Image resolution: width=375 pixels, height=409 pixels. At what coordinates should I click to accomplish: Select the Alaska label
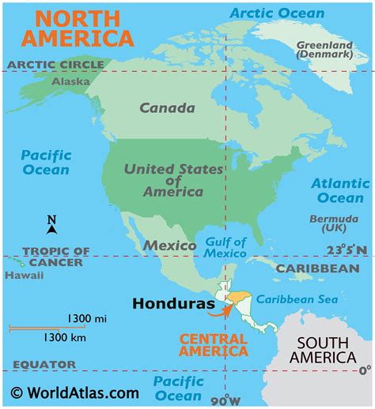coord(70,81)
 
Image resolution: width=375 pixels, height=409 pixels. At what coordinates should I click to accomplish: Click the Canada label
coord(167,108)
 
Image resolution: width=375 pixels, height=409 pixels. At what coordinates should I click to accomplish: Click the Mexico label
coord(169,246)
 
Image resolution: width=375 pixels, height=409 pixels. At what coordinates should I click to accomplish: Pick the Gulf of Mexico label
coord(226,247)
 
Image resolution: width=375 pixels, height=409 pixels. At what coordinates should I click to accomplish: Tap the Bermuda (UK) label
coord(326,222)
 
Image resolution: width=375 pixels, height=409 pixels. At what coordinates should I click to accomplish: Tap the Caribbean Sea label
coord(297,299)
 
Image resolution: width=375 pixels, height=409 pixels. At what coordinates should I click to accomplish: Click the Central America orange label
coord(213,344)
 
